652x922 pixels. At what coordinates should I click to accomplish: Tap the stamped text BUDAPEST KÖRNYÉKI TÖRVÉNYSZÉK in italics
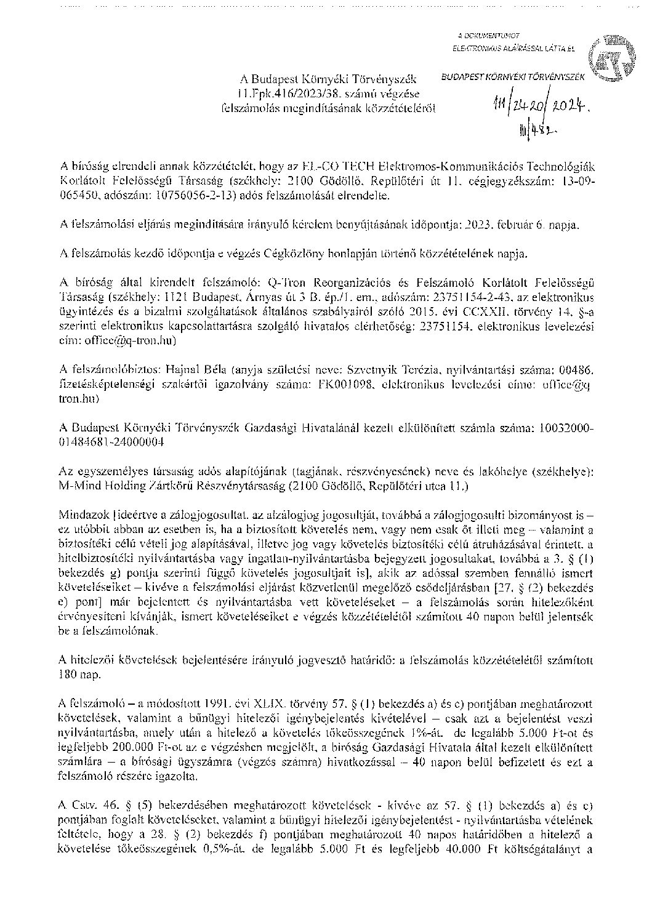(x=515, y=78)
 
